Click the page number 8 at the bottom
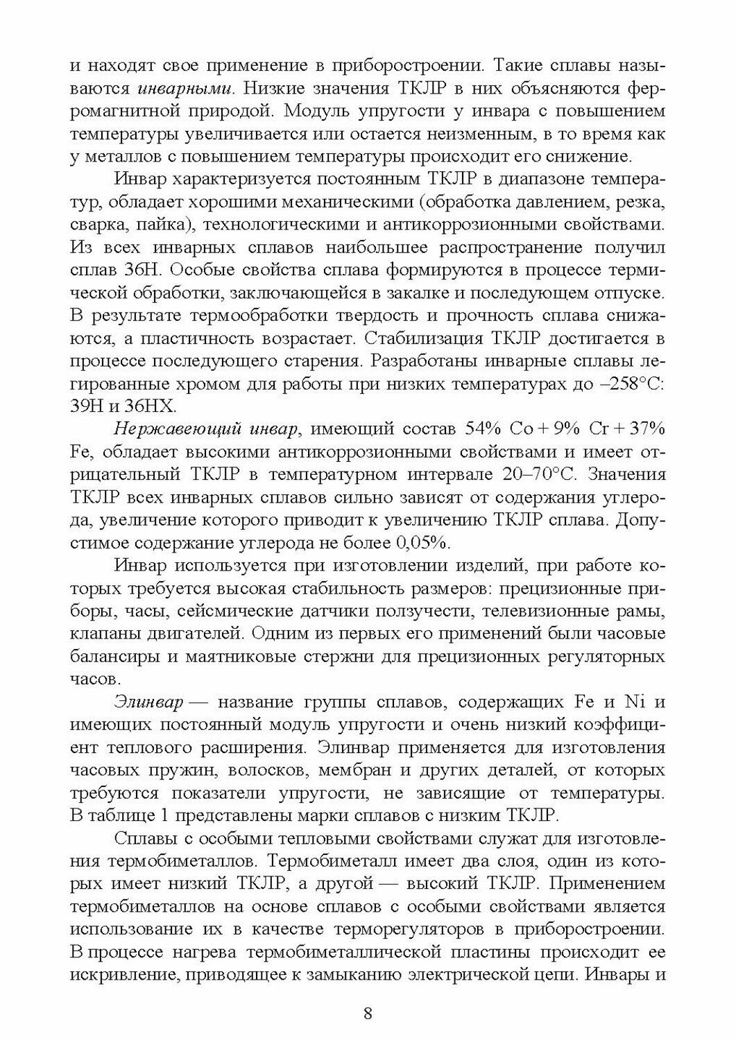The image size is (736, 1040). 368,1012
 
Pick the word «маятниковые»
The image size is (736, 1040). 239,656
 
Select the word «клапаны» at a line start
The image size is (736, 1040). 101,634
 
